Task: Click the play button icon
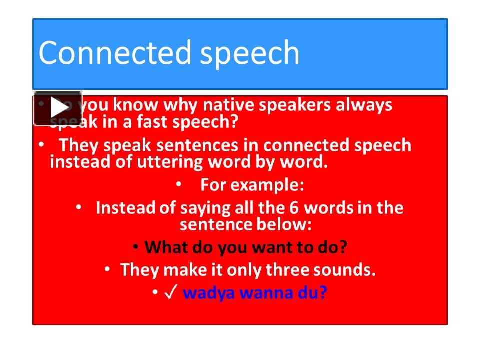coord(58,108)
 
